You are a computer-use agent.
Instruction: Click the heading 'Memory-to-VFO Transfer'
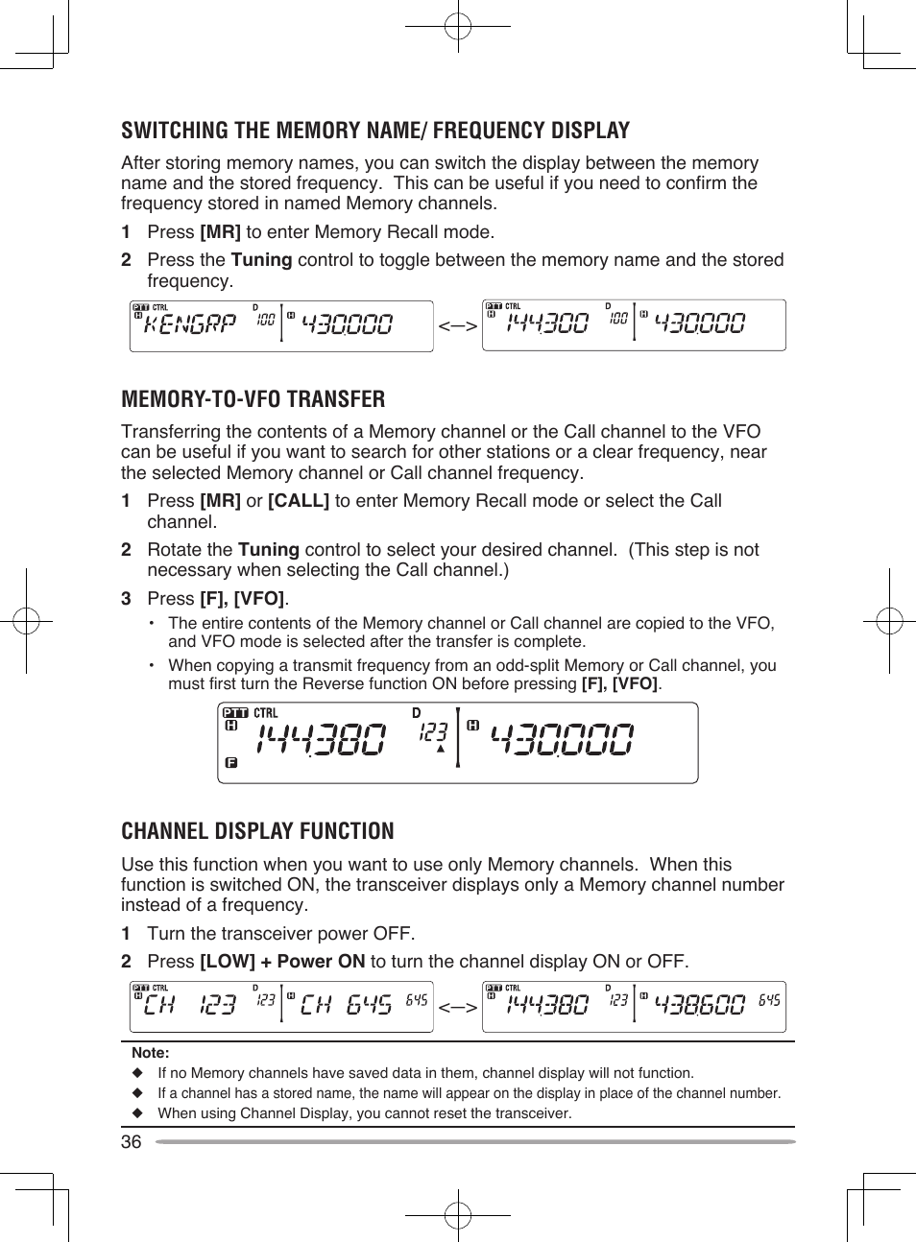253,399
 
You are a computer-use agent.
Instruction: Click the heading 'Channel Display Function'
257,831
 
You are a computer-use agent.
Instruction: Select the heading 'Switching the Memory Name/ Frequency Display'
374,131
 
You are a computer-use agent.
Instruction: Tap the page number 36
131,1141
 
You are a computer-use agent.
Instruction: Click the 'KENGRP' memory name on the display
189,324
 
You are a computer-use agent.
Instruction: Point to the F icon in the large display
230,763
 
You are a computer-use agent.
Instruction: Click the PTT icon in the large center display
235,713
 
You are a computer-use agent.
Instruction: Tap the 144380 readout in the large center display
321,740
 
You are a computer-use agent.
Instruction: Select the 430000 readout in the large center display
562,740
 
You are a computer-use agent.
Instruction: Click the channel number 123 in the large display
433,732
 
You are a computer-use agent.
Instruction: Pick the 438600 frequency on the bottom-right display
699,1005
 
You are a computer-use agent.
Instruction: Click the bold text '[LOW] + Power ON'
282,962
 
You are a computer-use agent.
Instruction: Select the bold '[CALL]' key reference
298,501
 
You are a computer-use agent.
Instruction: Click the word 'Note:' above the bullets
150,1053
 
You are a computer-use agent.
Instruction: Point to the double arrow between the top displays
457,326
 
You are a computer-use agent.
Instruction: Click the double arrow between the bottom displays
457,1008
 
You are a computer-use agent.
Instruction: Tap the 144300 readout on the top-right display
546,324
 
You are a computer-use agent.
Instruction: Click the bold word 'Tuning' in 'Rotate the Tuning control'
269,550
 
